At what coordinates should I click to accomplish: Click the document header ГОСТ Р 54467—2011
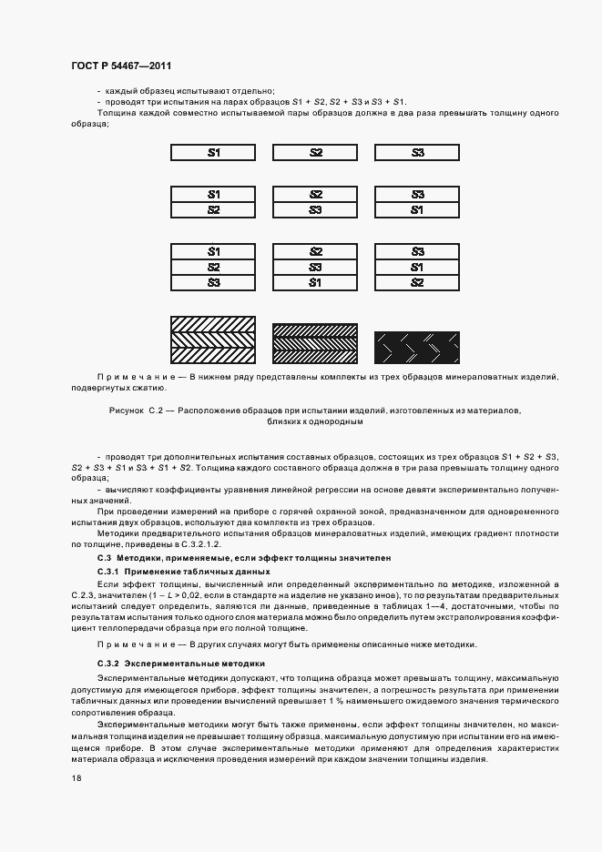point(120,66)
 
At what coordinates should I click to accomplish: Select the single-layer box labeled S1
point(213,153)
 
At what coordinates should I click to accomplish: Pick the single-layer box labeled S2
point(315,153)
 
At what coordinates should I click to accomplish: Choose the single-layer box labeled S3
point(417,153)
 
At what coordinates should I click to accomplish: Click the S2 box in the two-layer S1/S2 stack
point(213,210)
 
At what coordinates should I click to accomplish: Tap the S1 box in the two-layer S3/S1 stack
point(417,210)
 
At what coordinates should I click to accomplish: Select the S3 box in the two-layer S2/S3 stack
point(315,210)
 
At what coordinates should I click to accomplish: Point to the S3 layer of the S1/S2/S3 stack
point(213,282)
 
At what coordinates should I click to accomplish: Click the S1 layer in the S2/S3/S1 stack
point(315,282)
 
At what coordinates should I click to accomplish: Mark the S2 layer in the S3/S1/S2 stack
point(417,282)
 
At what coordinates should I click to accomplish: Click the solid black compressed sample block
point(417,347)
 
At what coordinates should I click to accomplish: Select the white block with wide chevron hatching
point(213,340)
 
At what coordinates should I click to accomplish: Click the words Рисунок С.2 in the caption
point(133,411)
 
